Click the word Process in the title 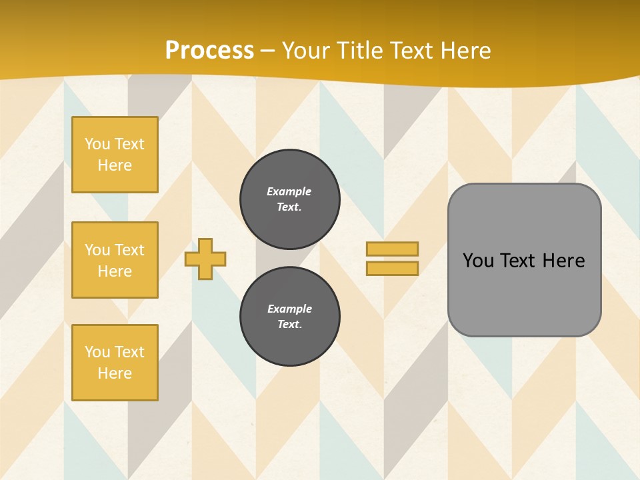pos(209,51)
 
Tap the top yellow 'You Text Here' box pos(115,155)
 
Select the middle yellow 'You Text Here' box pos(115,260)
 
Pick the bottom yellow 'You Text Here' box pos(115,363)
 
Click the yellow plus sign pos(205,259)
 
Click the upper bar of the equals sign pos(392,249)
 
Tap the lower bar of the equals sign pos(392,268)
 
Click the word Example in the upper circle pos(289,191)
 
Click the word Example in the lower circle pos(289,309)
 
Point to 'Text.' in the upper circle pos(289,207)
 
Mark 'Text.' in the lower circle pos(289,324)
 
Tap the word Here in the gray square pos(563,261)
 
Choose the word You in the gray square pos(479,261)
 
